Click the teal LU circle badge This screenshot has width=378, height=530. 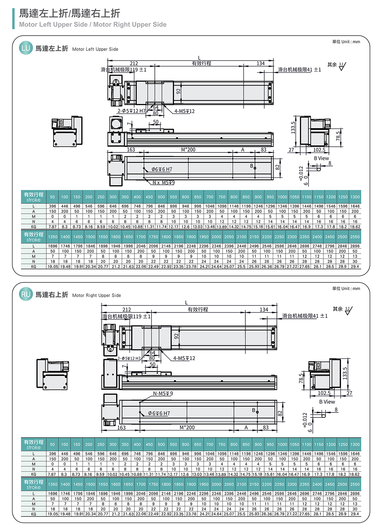click(x=26, y=48)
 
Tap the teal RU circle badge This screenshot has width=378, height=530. click(x=26, y=294)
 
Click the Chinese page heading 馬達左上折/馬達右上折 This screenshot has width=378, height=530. click(x=70, y=14)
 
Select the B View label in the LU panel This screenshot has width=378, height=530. click(x=321, y=158)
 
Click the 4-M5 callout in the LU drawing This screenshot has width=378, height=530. click(x=184, y=111)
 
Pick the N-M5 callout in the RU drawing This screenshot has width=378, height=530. click(x=163, y=393)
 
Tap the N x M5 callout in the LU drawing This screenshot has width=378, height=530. click(x=164, y=182)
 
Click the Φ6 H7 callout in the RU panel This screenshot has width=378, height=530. click(x=159, y=413)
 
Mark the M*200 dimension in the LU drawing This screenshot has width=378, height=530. click(x=188, y=150)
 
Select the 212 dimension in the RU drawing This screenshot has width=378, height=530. click(x=127, y=310)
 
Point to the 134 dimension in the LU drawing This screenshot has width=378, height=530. click(x=261, y=63)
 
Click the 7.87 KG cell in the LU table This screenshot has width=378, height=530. click(x=52, y=227)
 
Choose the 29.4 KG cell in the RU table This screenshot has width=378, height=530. click(x=355, y=514)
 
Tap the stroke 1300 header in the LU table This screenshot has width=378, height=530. click(x=355, y=197)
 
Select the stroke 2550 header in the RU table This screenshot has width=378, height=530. click(x=355, y=484)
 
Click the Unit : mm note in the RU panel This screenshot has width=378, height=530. click(x=346, y=289)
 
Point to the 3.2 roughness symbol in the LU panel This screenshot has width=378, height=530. click(x=341, y=66)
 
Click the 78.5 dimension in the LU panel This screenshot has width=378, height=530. click(x=338, y=136)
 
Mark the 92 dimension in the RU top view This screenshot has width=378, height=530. click(x=176, y=336)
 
